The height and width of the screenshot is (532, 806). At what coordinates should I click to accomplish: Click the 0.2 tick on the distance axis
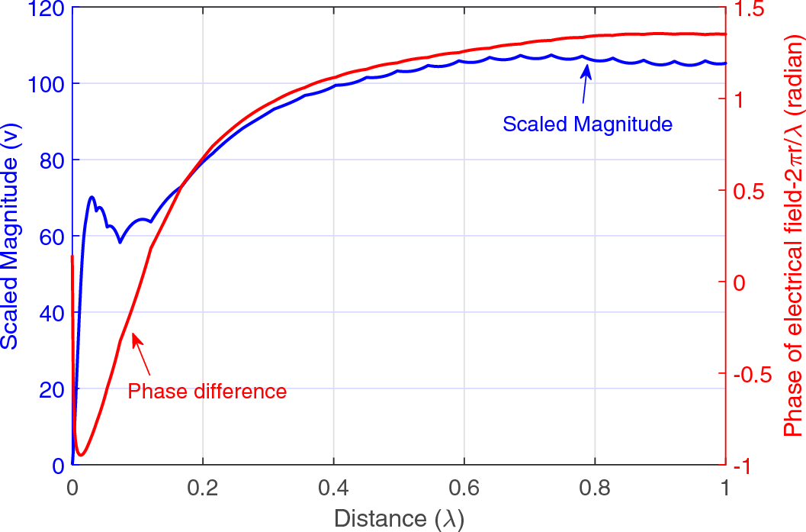tap(203, 485)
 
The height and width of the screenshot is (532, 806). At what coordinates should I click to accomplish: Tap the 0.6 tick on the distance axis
tap(464, 485)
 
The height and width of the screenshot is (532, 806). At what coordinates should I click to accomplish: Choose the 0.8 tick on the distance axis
tap(594, 485)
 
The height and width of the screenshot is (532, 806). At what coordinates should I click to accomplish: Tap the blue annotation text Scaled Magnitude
tap(587, 124)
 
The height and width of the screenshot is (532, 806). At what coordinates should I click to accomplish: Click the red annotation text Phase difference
tap(207, 392)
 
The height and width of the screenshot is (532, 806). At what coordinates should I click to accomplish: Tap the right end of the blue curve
tap(724, 63)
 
